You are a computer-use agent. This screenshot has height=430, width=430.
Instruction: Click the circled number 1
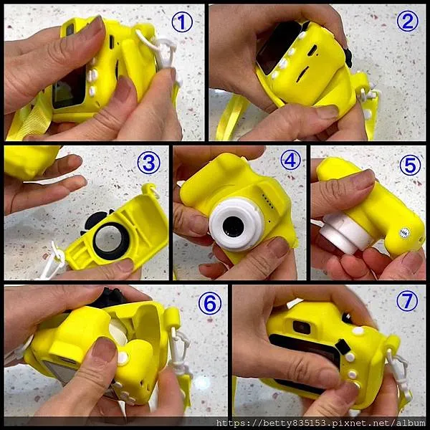coord(182,22)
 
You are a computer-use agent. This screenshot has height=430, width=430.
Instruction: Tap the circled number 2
coord(408,21)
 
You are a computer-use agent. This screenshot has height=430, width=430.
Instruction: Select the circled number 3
coord(148,163)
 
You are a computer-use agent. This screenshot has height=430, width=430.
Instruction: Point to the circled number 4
coord(290,160)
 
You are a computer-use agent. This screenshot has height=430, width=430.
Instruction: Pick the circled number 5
coord(410,166)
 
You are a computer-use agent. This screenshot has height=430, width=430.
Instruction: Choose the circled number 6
coord(210,303)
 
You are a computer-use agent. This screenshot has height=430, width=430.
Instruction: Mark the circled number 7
coord(407,301)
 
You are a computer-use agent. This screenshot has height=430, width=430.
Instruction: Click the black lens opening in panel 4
coord(233,226)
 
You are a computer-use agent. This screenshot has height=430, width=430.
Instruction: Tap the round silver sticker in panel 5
coord(404,233)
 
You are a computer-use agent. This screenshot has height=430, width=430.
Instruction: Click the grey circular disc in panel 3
coord(110,239)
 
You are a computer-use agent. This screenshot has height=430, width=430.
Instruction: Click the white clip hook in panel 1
coord(166,54)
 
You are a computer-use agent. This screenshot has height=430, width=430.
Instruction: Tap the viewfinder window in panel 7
coord(302,328)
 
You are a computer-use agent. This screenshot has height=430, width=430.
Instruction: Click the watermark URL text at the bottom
coord(320,423)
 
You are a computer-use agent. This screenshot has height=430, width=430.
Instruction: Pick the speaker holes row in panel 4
coord(267,201)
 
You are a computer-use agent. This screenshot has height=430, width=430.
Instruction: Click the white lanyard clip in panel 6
coord(180,348)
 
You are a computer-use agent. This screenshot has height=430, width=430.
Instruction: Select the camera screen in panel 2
coord(277,48)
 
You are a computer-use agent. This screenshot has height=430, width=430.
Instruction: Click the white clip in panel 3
coord(55,260)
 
